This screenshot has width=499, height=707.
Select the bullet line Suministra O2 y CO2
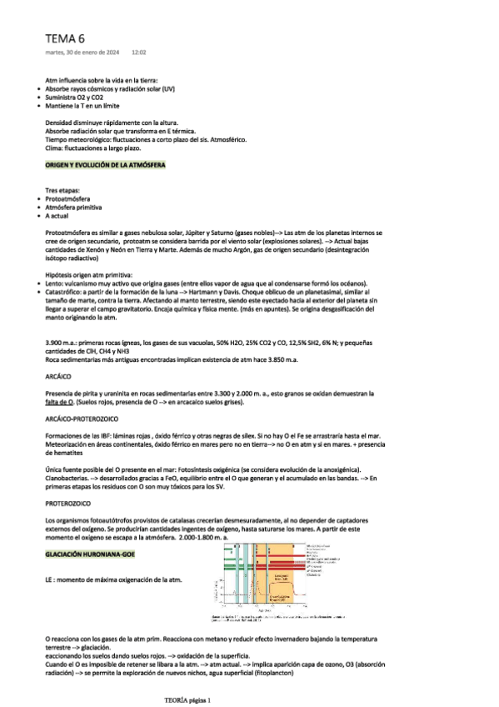click(87, 97)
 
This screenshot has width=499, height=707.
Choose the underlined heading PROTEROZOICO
click(67, 504)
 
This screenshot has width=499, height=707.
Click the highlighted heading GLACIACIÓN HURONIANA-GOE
click(88, 553)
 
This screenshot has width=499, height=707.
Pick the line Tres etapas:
click(63, 190)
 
